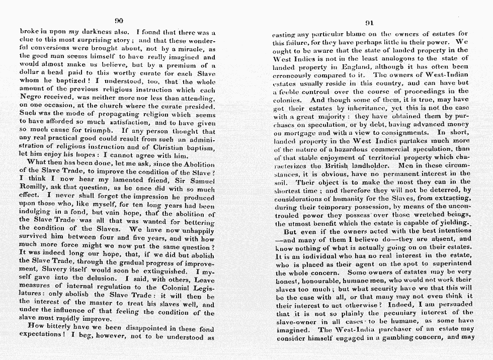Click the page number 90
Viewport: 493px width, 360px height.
[119, 21]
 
